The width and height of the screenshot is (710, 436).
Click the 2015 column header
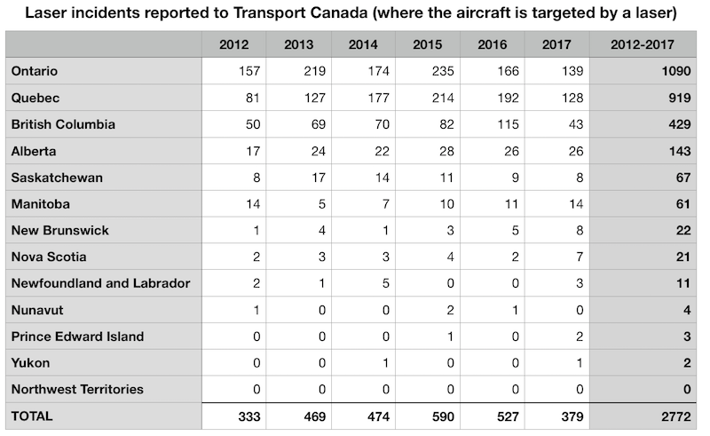(428, 44)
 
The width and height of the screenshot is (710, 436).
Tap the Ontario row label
(33, 70)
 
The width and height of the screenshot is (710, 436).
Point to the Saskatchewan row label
(56, 177)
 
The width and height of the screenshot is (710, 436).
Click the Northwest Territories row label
(77, 389)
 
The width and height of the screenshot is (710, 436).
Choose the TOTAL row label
(31, 416)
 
